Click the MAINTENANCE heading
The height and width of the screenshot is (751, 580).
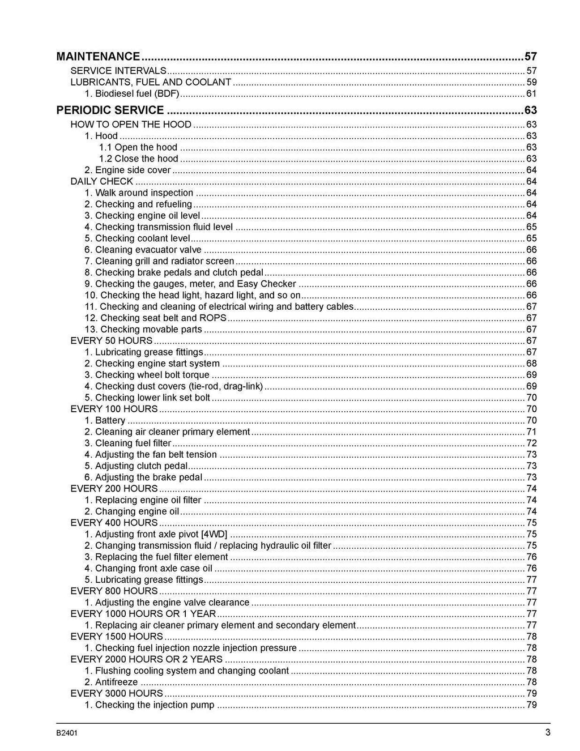[x=98, y=56]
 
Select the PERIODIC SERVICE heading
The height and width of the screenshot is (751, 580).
[x=110, y=110]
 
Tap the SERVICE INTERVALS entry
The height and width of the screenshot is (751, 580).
[x=118, y=71]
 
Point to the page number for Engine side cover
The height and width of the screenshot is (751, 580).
[x=531, y=170]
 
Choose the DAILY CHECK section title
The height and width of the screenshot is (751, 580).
[x=101, y=181]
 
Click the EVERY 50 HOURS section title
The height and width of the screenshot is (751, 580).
[x=111, y=340]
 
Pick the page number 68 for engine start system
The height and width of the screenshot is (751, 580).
[x=531, y=364]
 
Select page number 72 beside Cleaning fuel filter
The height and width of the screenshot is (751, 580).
[x=531, y=443]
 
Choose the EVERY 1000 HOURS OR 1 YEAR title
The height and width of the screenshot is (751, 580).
[x=143, y=613]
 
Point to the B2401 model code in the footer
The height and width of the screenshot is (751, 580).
[x=67, y=733]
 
